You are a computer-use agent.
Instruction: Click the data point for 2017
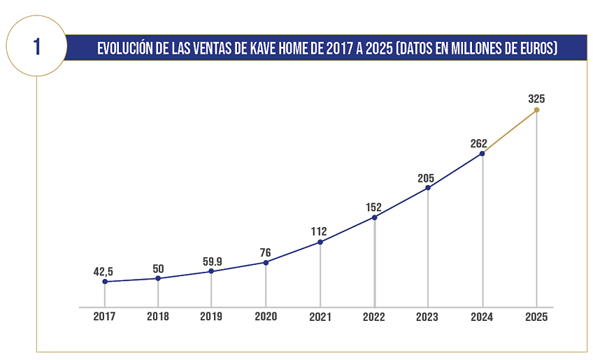105,282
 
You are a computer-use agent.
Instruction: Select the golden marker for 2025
536,110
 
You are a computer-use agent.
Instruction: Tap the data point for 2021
320,243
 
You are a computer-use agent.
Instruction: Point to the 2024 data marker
483,154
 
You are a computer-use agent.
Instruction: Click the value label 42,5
103,271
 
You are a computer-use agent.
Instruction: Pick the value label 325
536,99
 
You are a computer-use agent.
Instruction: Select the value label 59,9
211,261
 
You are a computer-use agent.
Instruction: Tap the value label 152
374,207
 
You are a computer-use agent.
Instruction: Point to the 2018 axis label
158,317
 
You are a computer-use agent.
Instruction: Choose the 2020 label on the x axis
266,317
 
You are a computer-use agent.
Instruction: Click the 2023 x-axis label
428,317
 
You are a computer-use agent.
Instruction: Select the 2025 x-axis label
536,317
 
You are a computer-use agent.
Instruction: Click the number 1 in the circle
36,47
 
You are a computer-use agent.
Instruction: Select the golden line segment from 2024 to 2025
510,131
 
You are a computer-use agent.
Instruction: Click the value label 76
266,252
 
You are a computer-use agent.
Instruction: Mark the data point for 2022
374,217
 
